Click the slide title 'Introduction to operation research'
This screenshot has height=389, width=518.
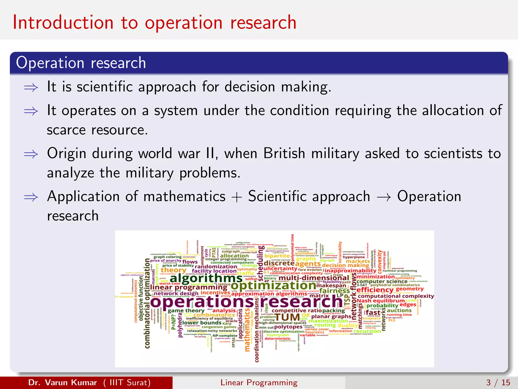[x=154, y=23]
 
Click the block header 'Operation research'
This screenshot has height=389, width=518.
[x=81, y=63]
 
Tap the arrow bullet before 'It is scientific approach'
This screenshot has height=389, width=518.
[x=31, y=88]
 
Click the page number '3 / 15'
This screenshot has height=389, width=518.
[x=498, y=382]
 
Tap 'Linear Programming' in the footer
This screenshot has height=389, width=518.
[x=259, y=382]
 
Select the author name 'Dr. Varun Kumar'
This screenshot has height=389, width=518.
[x=62, y=382]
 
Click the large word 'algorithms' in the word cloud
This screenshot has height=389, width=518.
[x=206, y=278]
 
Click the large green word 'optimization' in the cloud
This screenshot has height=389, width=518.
[x=273, y=286]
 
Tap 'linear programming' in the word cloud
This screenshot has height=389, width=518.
[x=188, y=287]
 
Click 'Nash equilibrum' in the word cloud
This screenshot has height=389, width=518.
[x=381, y=301]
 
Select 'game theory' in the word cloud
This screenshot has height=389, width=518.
[x=186, y=310]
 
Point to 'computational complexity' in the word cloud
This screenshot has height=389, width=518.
[x=396, y=296]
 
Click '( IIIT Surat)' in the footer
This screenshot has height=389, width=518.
[x=127, y=382]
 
